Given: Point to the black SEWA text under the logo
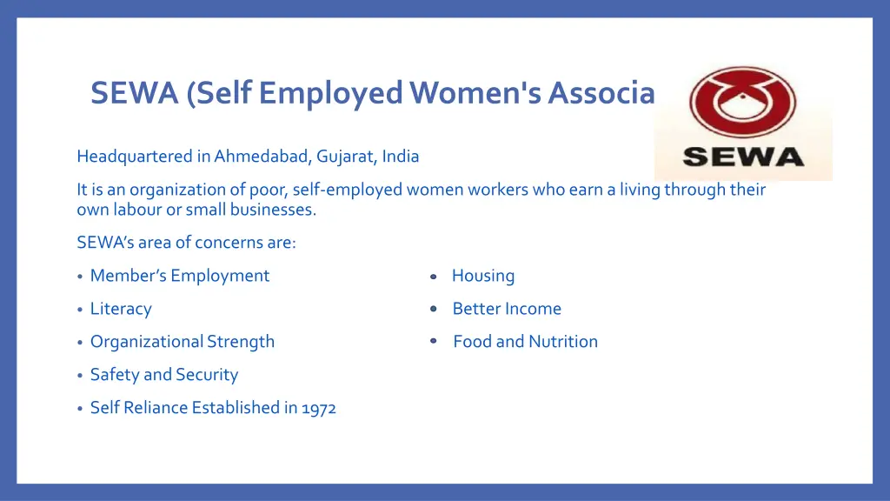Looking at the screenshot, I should (x=743, y=158).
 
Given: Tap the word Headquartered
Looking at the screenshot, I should (x=134, y=157).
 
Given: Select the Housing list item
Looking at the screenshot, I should (x=483, y=276).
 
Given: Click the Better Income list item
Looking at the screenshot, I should (x=507, y=309).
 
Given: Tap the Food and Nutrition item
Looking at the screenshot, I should (x=525, y=342).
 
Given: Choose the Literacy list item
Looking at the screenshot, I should (x=121, y=309).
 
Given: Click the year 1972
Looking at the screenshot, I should (x=319, y=408).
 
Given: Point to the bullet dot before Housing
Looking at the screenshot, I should (x=432, y=277).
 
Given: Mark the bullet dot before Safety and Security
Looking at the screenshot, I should (x=80, y=376).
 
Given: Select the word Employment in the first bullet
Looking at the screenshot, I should (x=220, y=276).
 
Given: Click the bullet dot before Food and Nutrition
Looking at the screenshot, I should (x=433, y=342).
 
